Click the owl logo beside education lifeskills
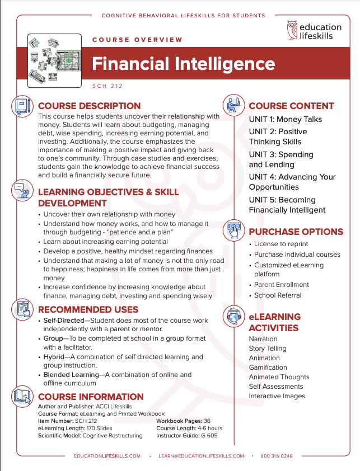pos(292,30)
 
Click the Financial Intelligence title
pos(183,64)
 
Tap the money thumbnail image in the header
pos(52,61)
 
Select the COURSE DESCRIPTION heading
pos(89,106)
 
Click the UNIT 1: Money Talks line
pos(286,119)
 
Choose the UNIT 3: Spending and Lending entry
pos(281,159)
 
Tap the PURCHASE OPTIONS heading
pos(296,232)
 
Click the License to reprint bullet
pos(281,244)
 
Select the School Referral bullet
pos(278,295)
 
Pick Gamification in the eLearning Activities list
pos(268,368)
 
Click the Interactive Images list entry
pos(277,396)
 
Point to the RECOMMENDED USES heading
pos(88,309)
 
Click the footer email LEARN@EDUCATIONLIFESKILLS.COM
pos(201,456)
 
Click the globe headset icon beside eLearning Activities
pos(233,317)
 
